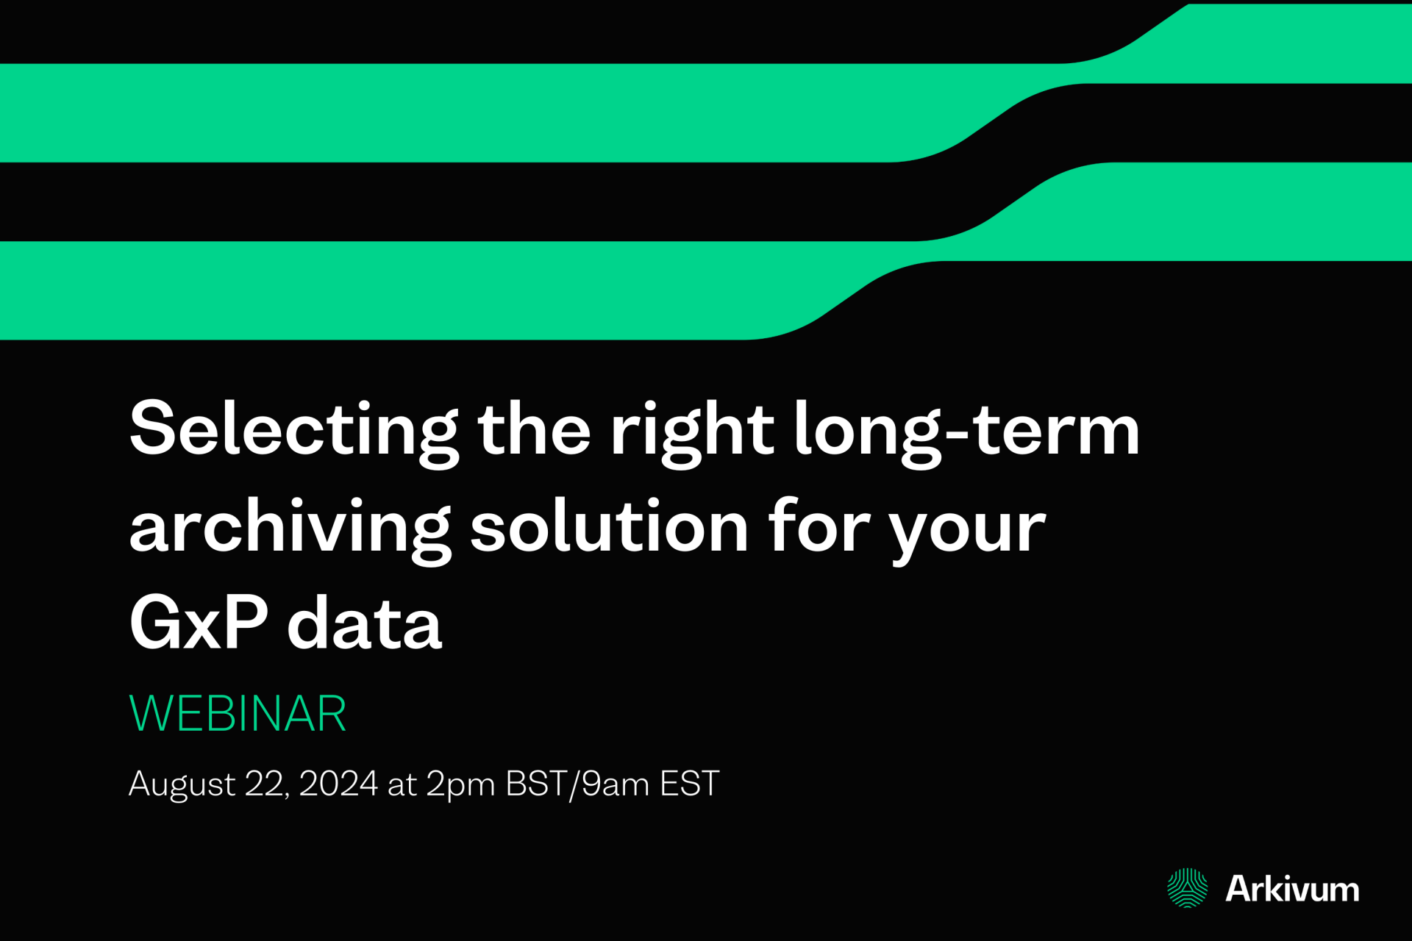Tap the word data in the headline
point(365,623)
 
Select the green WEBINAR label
point(238,714)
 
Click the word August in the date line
point(182,784)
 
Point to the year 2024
point(338,784)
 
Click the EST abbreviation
point(689,784)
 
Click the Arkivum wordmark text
point(1292,889)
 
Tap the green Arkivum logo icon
point(1187,888)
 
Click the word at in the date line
point(402,784)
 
